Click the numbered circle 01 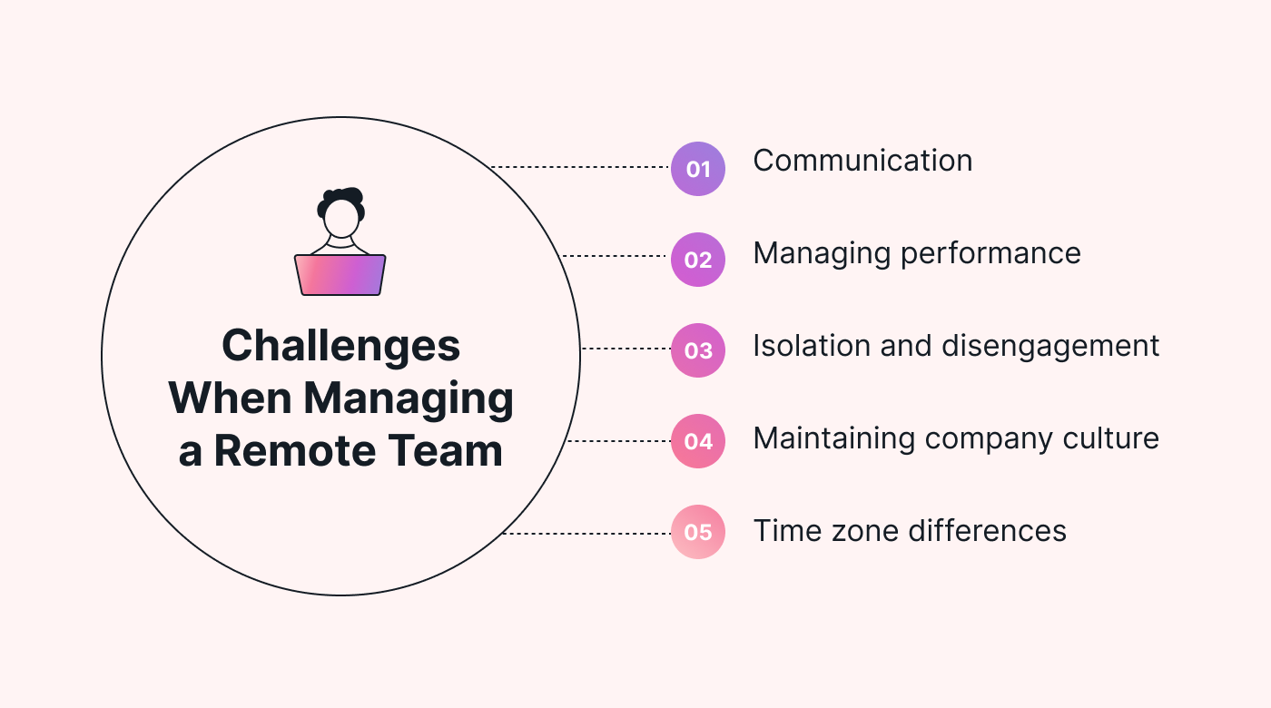point(697,169)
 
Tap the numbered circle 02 point(697,260)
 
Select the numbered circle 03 point(697,350)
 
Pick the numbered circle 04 point(697,441)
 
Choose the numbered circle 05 point(697,532)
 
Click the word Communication point(862,162)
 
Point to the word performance point(990,254)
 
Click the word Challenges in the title point(340,347)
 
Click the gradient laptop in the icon point(340,274)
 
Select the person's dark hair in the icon point(342,198)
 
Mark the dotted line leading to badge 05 point(586,534)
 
